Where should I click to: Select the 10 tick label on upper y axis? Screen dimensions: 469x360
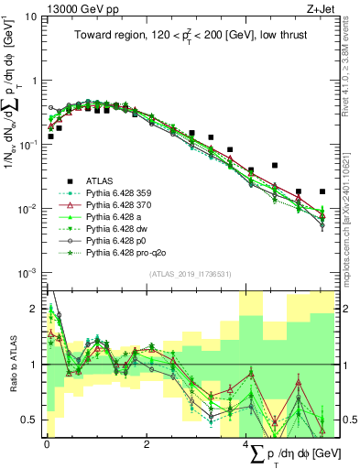(32, 16)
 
